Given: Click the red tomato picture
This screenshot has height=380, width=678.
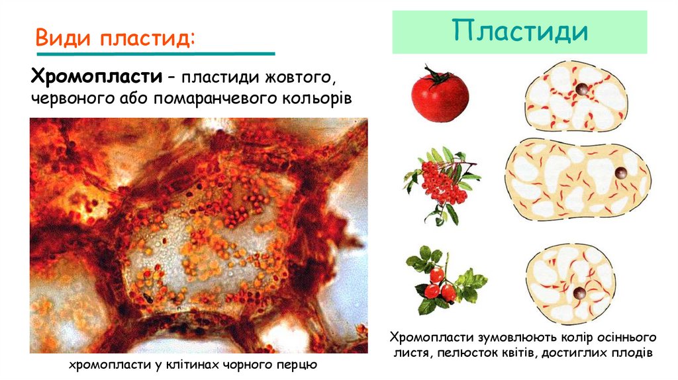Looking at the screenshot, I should [440, 97].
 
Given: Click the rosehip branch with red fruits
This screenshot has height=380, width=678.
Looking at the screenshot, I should [442, 281].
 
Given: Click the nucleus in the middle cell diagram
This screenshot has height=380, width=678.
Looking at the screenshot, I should [620, 173].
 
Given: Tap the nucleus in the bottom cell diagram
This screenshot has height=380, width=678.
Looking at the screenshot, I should [579, 293].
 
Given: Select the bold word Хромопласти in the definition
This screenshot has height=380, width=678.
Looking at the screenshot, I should [96, 77].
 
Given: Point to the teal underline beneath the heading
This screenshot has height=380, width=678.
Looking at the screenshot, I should [155, 53].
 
